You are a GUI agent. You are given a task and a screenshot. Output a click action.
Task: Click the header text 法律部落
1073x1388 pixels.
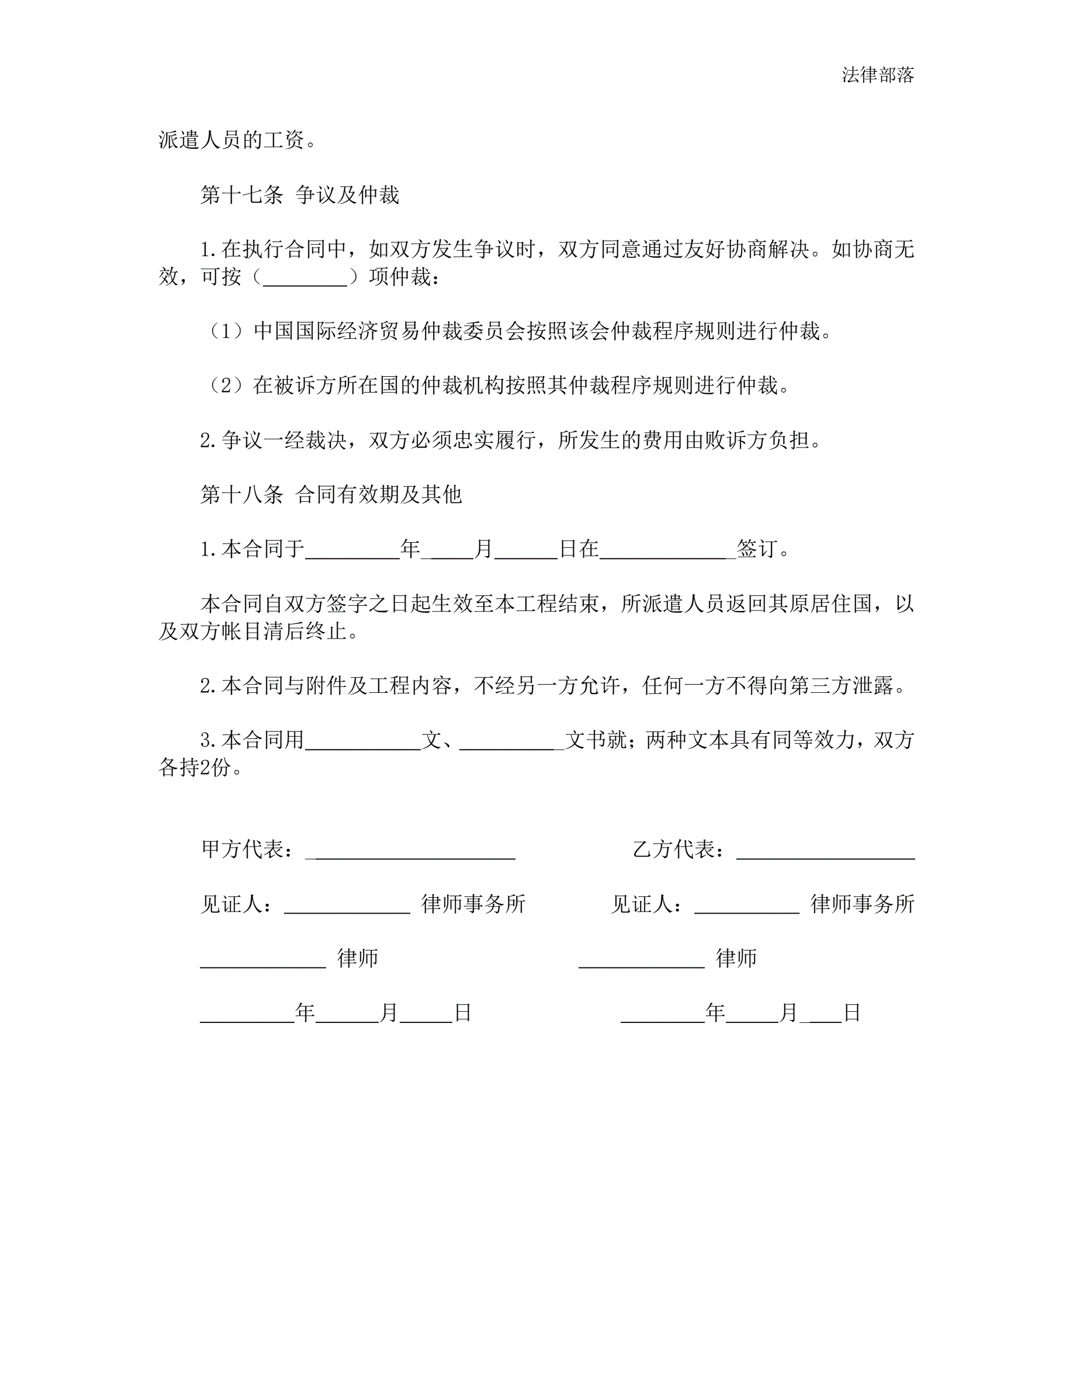click(x=877, y=75)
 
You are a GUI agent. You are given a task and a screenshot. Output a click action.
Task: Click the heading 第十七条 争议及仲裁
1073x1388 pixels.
click(x=299, y=195)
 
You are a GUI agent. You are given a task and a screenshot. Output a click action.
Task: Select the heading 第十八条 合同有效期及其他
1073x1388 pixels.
click(x=331, y=494)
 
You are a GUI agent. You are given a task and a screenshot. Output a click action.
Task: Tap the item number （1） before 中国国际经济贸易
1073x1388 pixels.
click(x=226, y=331)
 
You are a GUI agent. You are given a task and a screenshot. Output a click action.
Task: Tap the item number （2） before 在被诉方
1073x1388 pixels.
click(x=226, y=386)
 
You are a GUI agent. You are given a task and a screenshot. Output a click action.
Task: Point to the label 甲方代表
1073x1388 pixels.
click(x=241, y=849)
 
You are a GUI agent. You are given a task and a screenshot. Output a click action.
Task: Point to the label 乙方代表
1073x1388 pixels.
click(x=674, y=849)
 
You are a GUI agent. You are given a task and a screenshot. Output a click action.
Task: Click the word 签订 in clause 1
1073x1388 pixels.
click(x=757, y=549)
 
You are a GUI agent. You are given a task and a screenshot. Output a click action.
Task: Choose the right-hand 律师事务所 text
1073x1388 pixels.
click(x=862, y=904)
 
